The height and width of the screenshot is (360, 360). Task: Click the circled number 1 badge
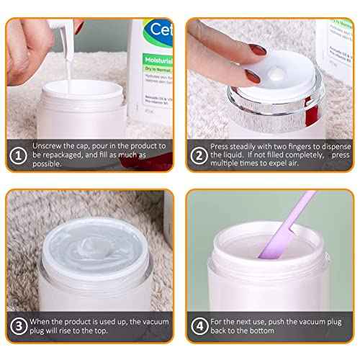click(16, 153)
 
